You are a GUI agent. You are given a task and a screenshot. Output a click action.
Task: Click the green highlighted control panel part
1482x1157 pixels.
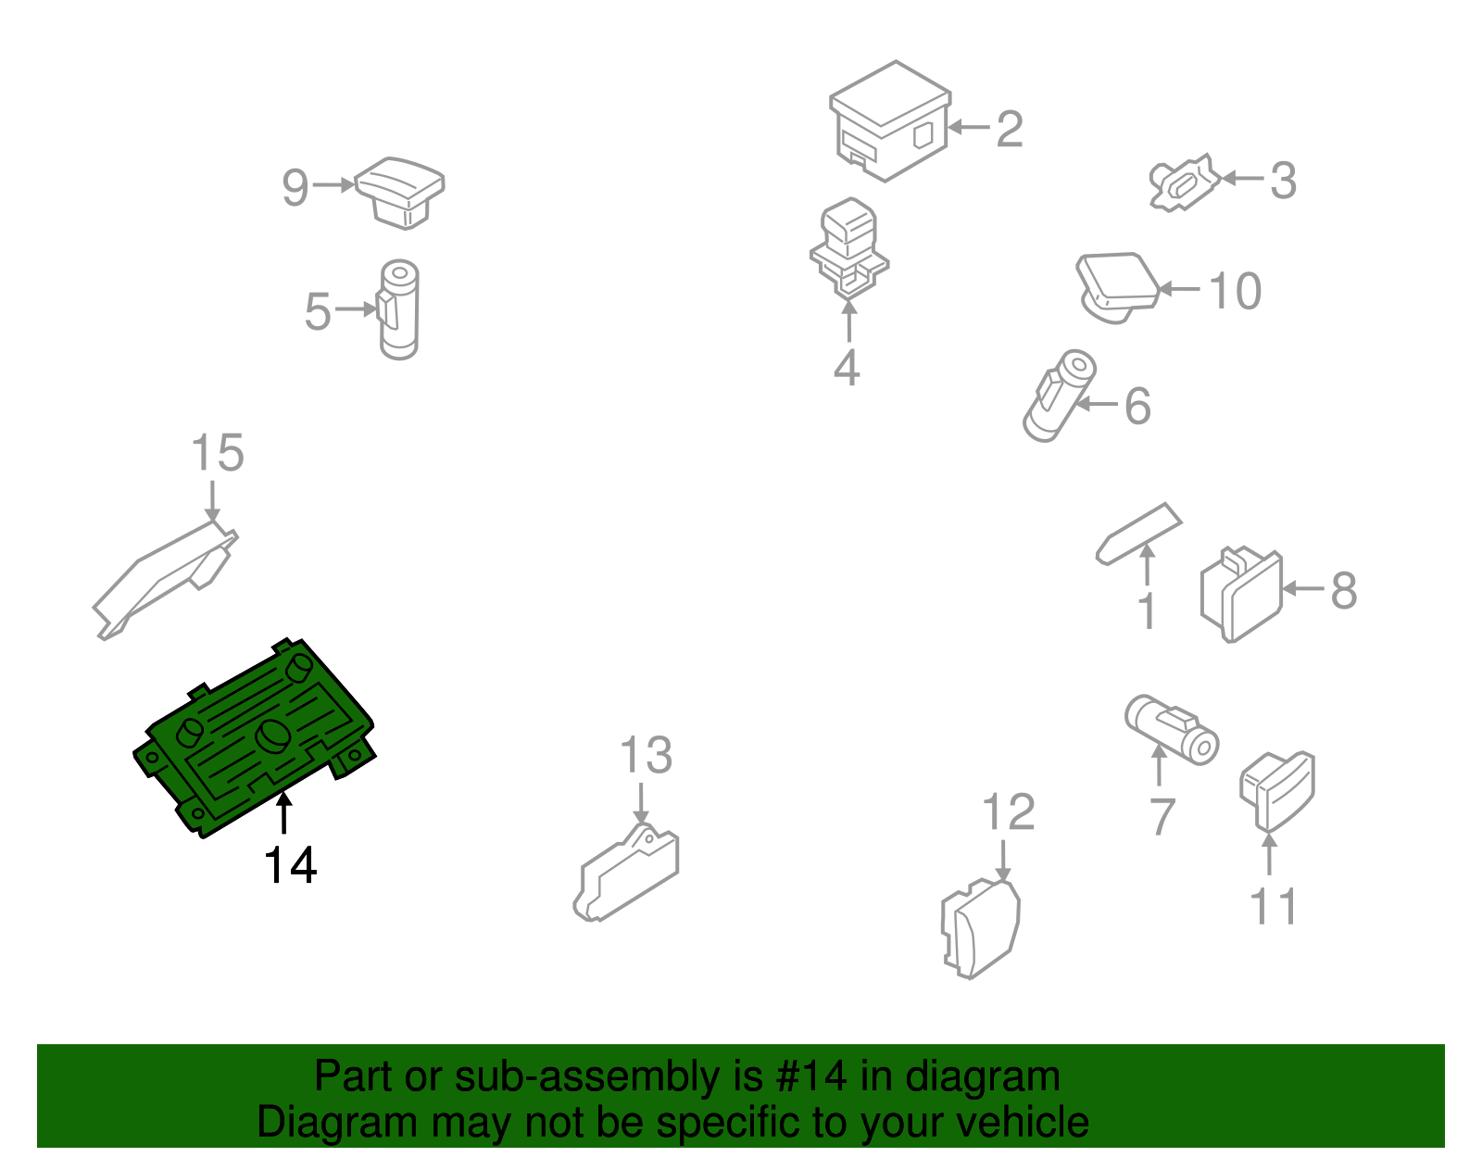point(254,739)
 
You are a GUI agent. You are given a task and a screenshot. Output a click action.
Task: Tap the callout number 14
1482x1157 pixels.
point(290,865)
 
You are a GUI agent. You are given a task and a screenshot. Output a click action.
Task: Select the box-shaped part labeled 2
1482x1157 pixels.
point(889,121)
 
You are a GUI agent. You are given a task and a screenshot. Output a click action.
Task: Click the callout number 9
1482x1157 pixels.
point(295,187)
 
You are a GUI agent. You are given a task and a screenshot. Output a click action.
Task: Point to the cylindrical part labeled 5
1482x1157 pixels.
point(398,309)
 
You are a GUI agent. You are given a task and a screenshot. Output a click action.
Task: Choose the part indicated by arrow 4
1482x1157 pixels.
point(848,249)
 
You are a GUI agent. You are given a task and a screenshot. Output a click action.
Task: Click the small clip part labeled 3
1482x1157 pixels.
point(1184,182)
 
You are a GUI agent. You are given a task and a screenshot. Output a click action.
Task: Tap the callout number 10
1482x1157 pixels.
point(1235,291)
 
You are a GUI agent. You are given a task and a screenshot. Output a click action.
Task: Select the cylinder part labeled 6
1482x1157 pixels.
point(1059,396)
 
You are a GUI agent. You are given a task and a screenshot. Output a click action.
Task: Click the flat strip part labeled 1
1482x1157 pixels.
point(1138,534)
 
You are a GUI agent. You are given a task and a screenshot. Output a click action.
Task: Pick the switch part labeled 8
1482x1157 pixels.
point(1240,594)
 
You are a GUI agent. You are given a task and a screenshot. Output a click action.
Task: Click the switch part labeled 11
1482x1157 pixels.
point(1276,792)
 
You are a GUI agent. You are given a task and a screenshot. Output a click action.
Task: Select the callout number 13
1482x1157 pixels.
point(646,755)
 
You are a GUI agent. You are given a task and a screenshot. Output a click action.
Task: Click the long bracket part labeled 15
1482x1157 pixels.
point(165,580)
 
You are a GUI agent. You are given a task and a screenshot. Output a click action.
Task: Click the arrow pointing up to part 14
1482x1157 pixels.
point(283,813)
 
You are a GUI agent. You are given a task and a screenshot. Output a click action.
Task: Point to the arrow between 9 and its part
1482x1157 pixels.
point(333,184)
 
